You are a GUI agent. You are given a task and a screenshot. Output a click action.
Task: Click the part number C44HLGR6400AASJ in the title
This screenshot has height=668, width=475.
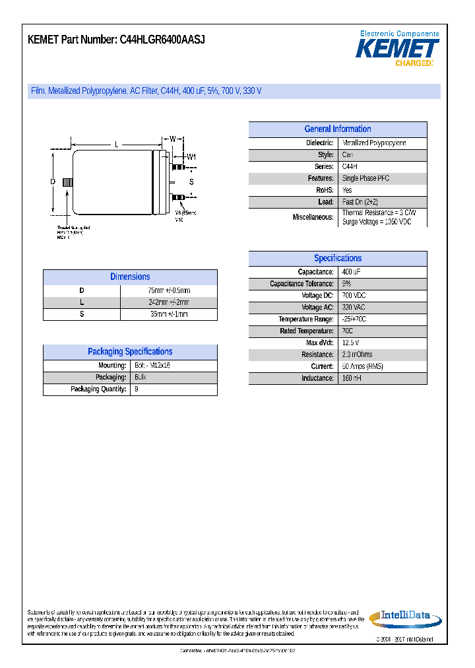tap(162, 40)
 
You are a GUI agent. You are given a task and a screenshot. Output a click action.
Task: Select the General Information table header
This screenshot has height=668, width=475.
tap(337, 129)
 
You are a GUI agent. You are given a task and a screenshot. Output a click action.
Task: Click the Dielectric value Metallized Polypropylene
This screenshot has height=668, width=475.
tap(374, 143)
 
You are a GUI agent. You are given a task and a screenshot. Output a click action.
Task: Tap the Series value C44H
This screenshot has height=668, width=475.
tap(350, 167)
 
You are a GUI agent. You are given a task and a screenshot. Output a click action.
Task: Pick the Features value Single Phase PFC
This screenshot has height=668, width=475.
tap(365, 179)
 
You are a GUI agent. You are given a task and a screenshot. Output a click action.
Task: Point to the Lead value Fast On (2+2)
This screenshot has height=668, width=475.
tap(360, 203)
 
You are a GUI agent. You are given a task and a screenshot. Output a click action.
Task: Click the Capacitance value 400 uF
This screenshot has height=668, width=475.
tap(352, 273)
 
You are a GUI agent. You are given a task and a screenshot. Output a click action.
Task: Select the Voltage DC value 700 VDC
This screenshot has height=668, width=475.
tap(354, 296)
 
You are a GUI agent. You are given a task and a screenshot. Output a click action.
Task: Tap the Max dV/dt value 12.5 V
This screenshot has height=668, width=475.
tap(350, 343)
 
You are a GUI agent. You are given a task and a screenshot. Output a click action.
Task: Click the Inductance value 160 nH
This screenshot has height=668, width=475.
tap(352, 379)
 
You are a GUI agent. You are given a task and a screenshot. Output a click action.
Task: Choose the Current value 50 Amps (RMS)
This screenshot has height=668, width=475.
tap(362, 367)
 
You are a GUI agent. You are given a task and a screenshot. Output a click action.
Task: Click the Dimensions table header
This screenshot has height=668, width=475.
tap(130, 277)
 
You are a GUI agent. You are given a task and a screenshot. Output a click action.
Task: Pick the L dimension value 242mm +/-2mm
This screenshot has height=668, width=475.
tap(169, 302)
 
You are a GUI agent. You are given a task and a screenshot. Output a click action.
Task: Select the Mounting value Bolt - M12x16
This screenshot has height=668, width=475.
tap(152, 366)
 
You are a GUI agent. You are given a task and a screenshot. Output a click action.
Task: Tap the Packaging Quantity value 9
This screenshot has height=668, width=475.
tap(137, 389)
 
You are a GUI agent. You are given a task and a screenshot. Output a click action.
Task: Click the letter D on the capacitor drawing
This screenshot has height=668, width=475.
tap(53, 182)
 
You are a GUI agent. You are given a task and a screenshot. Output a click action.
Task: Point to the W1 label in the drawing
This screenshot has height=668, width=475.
tap(191, 157)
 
